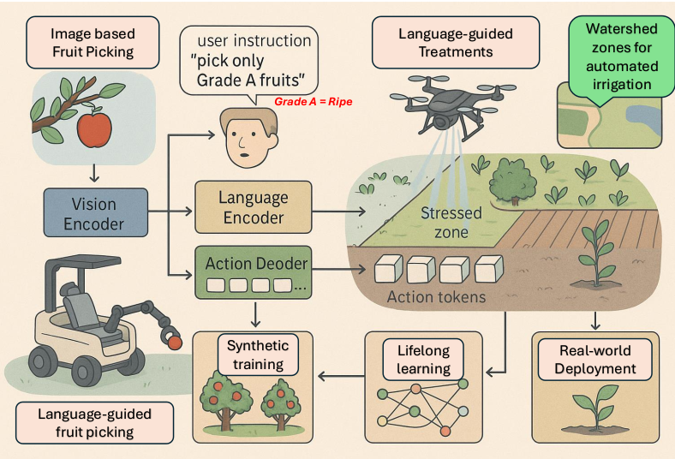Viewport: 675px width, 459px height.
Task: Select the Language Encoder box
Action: [x=254, y=208]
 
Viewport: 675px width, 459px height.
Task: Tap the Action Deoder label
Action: [x=255, y=264]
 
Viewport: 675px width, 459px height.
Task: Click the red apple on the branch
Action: [x=94, y=128]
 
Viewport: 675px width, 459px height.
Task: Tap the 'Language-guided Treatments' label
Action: [x=456, y=43]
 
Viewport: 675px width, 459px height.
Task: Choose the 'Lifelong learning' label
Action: [x=424, y=359]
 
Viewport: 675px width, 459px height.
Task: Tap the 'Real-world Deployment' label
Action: [x=597, y=359]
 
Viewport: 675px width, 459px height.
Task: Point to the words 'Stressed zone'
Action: [x=451, y=222]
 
